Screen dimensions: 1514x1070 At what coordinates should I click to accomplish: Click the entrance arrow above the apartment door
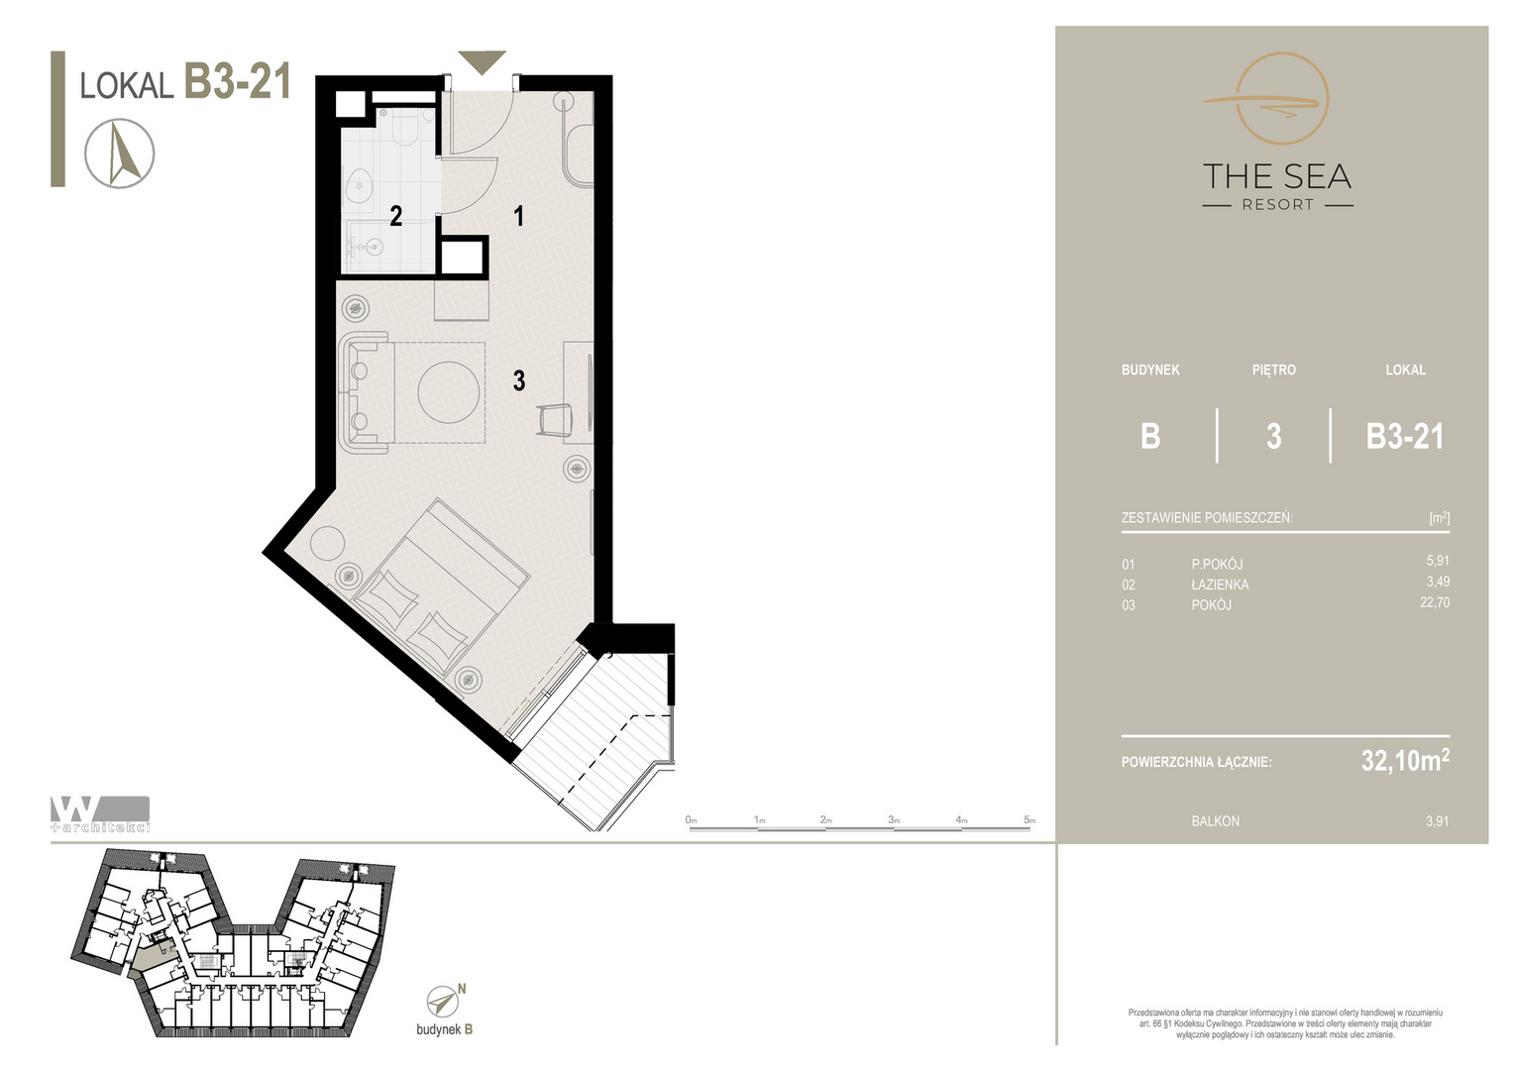point(482,60)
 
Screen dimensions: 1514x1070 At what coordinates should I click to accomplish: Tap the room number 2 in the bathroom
point(396,216)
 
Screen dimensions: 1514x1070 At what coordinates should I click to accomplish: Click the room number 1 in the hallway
point(519,216)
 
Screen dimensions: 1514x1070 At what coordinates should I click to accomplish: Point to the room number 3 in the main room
point(519,380)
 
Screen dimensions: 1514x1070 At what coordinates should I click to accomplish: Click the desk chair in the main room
point(555,419)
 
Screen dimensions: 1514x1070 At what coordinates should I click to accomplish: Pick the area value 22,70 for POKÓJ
point(1435,602)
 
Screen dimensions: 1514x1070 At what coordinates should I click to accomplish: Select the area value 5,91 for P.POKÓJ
point(1438,561)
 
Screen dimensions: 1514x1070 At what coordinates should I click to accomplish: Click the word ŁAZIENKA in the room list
point(1220,585)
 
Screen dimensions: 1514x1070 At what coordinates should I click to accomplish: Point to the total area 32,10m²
point(1405,760)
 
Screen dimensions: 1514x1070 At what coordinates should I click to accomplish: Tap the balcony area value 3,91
point(1437,821)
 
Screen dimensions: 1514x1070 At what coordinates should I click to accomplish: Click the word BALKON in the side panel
point(1215,821)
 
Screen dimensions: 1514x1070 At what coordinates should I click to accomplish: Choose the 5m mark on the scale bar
point(1029,820)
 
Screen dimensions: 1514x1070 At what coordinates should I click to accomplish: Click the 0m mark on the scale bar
point(691,820)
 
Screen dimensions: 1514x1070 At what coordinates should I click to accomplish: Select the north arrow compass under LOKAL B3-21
point(120,154)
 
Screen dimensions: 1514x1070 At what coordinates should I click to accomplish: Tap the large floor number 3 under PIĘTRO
point(1273,437)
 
